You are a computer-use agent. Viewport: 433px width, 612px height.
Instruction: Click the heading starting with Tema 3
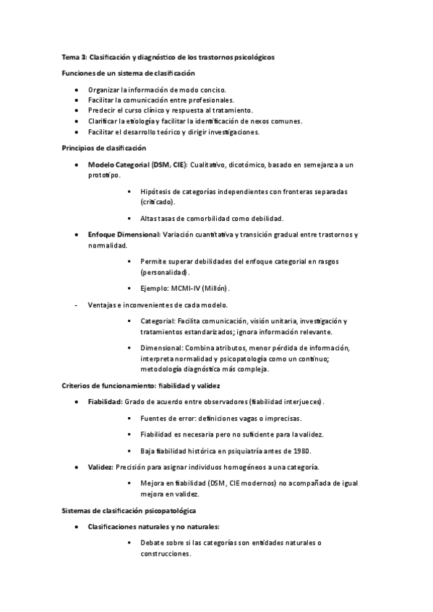pos(167,56)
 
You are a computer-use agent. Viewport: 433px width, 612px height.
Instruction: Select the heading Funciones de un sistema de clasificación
pos(127,73)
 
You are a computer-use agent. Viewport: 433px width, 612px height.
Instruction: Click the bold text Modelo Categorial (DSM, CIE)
pos(137,165)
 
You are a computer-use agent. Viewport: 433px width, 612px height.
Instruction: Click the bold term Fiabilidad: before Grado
pos(105,401)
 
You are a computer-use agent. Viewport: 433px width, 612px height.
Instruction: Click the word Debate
pos(154,542)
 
